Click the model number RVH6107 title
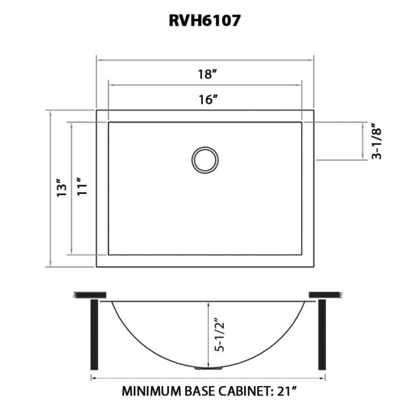[204, 21]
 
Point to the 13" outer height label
[60, 188]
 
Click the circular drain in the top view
[205, 160]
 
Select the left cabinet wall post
[93, 335]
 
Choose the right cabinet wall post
[321, 335]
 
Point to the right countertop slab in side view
[324, 294]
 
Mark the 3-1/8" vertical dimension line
[365, 141]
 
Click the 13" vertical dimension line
[51, 188]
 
